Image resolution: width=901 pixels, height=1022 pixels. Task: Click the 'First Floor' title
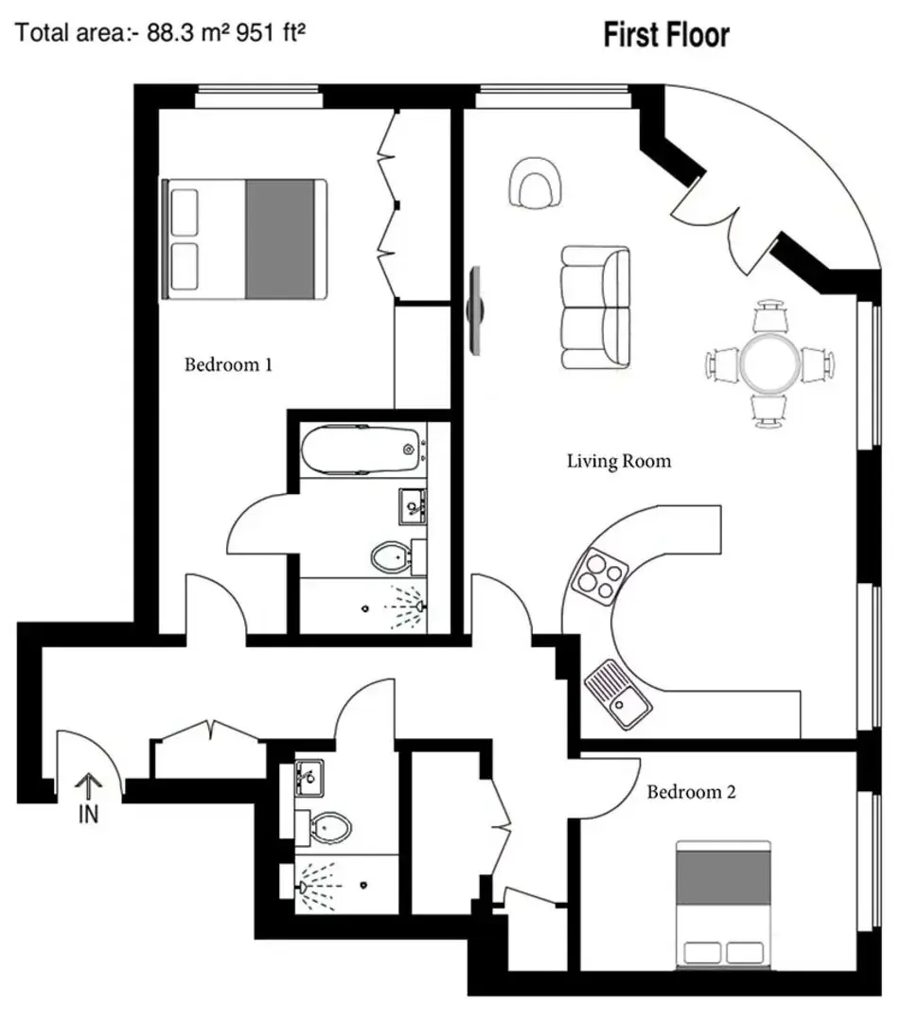point(666,36)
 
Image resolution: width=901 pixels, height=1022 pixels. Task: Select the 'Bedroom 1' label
point(228,364)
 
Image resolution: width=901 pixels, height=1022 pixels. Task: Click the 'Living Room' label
point(618,462)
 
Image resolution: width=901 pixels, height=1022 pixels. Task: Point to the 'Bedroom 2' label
point(690,792)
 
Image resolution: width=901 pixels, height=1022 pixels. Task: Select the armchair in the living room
point(535,182)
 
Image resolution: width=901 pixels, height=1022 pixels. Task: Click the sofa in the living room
point(595,308)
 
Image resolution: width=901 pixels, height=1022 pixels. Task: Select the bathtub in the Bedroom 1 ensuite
point(361,449)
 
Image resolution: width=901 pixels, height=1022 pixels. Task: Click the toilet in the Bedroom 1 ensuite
point(388,556)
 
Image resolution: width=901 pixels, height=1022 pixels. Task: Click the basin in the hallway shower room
point(309,777)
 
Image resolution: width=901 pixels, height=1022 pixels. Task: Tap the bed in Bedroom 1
point(245,239)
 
